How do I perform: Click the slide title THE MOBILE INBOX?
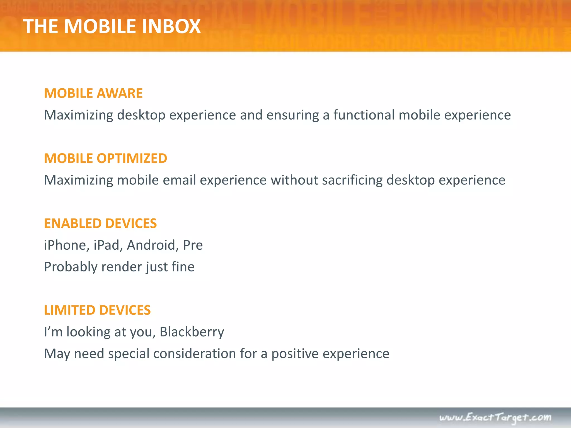112,26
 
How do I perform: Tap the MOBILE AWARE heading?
93,93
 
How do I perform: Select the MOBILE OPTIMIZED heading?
105,158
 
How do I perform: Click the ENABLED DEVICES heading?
100,223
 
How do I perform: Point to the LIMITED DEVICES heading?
97,310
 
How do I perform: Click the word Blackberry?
192,332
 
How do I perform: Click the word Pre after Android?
193,245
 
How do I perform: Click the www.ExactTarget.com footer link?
495,417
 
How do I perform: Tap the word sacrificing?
352,180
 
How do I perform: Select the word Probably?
71,267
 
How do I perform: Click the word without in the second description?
294,180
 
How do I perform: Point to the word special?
129,354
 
